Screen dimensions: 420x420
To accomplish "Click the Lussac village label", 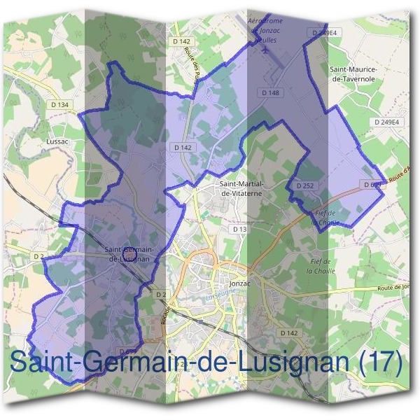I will (55, 140).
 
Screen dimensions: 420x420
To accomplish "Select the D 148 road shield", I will (271, 92).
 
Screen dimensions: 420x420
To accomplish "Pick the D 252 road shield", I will (304, 185).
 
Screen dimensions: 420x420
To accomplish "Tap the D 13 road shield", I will (239, 230).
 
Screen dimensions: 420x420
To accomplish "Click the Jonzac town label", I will (239, 284).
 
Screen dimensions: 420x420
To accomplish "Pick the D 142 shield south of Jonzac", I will (288, 332).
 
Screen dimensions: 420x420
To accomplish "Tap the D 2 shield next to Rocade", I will (160, 294).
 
